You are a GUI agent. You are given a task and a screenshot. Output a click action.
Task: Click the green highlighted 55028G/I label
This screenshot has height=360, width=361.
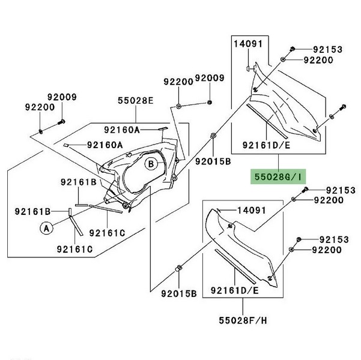pyautogui.click(x=278, y=178)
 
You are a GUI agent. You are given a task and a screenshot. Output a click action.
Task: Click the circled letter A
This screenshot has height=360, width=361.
pyautogui.click(x=45, y=227)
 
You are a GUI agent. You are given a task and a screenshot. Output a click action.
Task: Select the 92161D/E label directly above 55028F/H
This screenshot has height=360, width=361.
pyautogui.click(x=234, y=290)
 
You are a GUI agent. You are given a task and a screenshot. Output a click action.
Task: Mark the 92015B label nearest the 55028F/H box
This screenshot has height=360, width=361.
pyautogui.click(x=179, y=293)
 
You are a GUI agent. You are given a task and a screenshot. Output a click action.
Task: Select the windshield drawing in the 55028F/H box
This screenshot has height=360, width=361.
pyautogui.click(x=246, y=246)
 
